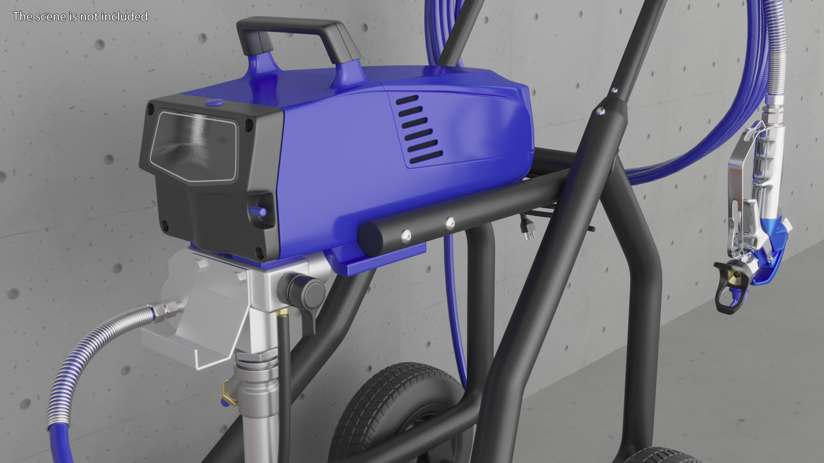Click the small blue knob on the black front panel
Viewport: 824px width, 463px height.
point(257,210)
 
